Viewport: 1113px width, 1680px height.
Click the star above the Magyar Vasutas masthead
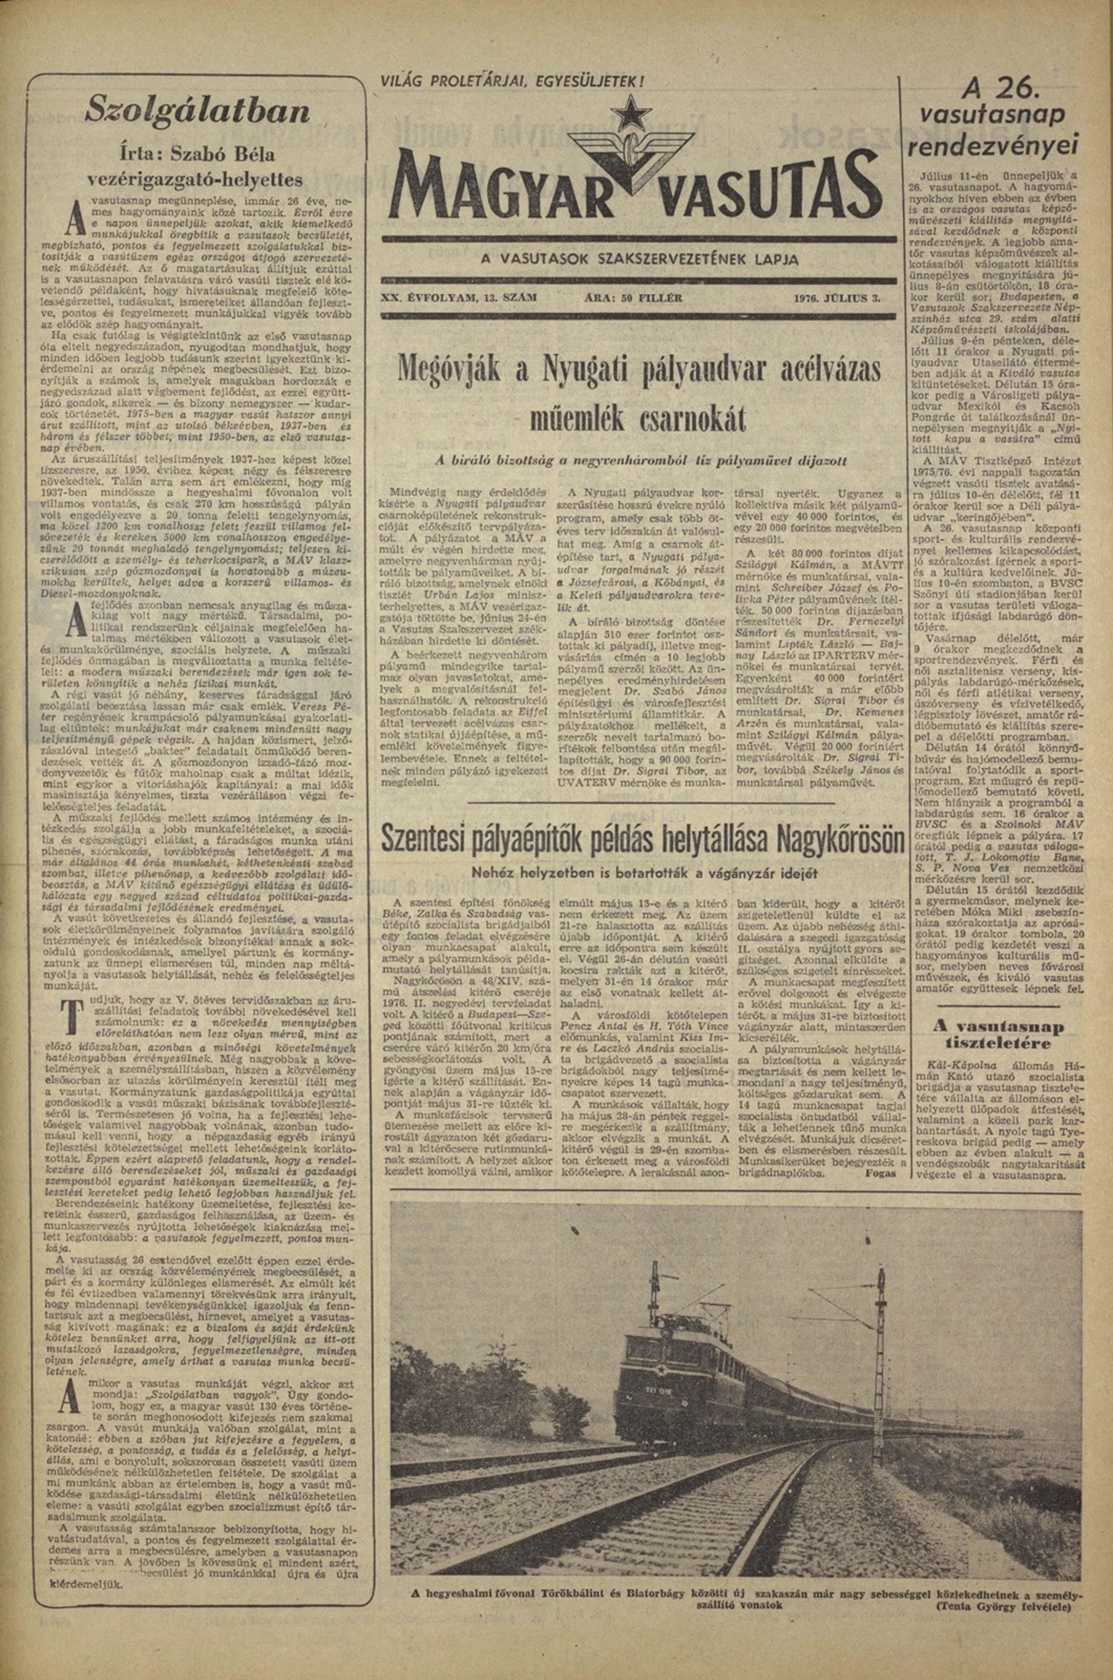pos(637,112)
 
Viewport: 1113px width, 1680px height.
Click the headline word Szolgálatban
pos(196,111)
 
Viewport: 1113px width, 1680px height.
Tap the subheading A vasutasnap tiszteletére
pos(997,1035)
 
